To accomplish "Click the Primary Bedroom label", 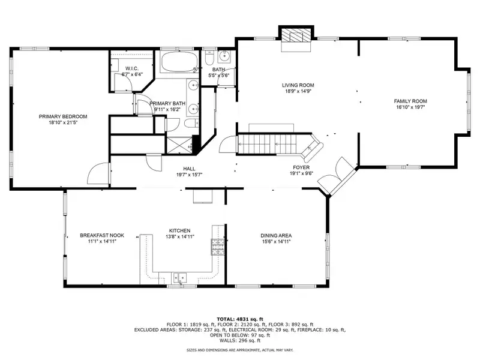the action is pyautogui.click(x=63, y=116).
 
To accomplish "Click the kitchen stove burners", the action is pyautogui.click(x=217, y=247).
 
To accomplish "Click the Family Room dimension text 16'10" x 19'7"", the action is pyautogui.click(x=410, y=107).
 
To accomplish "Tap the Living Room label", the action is pyautogui.click(x=298, y=85).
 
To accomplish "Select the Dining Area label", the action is pyautogui.click(x=276, y=235).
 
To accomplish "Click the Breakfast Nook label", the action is pyautogui.click(x=102, y=235).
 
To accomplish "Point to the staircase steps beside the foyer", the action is pyautogui.click(x=267, y=144).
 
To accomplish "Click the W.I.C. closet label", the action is pyautogui.click(x=132, y=68).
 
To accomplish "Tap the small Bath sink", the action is pyautogui.click(x=224, y=56).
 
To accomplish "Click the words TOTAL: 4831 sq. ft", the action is pyautogui.click(x=239, y=319).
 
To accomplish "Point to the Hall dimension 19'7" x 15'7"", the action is pyautogui.click(x=189, y=175).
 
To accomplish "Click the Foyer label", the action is pyautogui.click(x=301, y=167).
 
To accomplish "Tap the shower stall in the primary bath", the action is pyautogui.click(x=179, y=145).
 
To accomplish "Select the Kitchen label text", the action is pyautogui.click(x=179, y=230).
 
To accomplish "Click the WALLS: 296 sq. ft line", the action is pyautogui.click(x=239, y=340).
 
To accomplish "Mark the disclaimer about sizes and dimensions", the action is pyautogui.click(x=239, y=350).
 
